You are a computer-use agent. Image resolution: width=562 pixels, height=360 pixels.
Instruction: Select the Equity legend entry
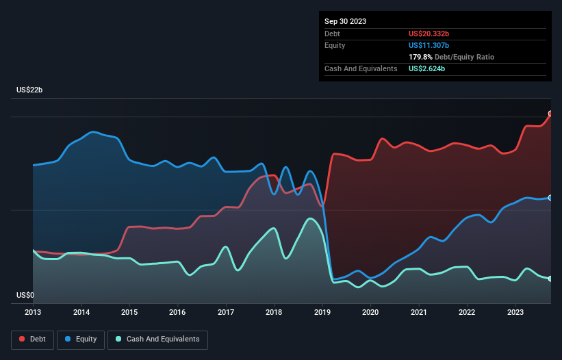click(x=80, y=339)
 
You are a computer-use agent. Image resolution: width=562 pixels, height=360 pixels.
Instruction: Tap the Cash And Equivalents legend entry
click(x=157, y=339)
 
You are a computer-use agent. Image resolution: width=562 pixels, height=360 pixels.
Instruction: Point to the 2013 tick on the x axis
click(x=33, y=312)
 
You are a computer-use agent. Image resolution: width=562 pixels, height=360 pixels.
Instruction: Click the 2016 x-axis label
click(x=177, y=312)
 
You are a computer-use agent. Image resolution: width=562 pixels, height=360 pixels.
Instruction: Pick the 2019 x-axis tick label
click(x=322, y=312)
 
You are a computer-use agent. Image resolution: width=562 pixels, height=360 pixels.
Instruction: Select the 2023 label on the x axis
click(x=515, y=312)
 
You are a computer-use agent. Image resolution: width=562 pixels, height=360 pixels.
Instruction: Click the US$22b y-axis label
click(x=31, y=90)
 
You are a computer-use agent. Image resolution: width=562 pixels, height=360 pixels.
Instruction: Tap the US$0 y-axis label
click(x=25, y=296)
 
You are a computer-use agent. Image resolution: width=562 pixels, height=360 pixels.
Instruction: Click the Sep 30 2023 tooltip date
click(x=345, y=21)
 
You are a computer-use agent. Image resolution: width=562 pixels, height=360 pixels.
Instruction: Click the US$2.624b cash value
click(x=427, y=68)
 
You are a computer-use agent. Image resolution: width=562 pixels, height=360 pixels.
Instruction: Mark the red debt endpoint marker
click(x=550, y=114)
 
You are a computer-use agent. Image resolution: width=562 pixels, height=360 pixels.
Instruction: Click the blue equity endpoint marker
click(x=550, y=197)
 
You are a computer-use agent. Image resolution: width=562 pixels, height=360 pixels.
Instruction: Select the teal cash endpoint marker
click(x=550, y=279)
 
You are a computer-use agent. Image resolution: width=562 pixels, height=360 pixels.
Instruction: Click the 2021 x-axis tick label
click(x=418, y=312)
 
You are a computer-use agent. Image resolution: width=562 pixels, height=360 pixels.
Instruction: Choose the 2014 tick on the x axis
click(x=81, y=312)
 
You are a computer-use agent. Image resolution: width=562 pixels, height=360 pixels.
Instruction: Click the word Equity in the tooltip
click(x=335, y=45)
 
